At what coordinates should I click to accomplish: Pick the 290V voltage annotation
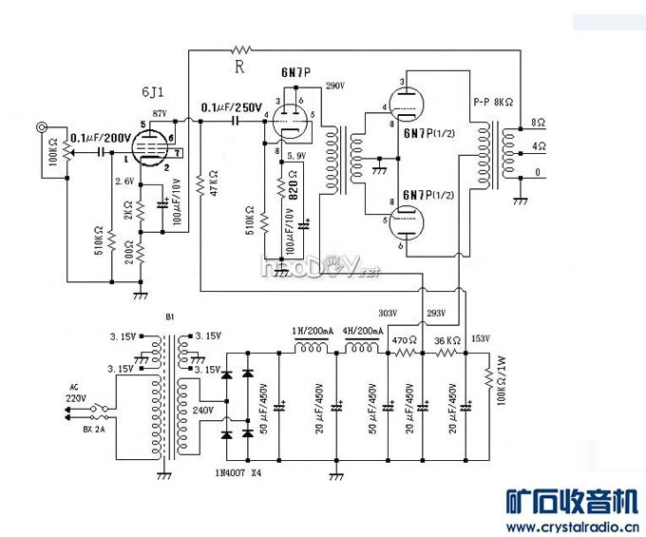click(x=333, y=86)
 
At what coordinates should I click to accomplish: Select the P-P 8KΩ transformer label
click(x=494, y=101)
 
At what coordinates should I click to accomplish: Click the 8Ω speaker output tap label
click(x=538, y=123)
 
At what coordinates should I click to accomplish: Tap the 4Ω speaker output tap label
click(x=538, y=146)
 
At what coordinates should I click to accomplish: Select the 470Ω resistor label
click(x=406, y=339)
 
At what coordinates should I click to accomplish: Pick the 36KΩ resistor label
click(x=447, y=339)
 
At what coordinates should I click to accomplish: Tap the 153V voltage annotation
click(x=481, y=339)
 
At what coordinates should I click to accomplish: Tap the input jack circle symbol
click(x=41, y=127)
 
